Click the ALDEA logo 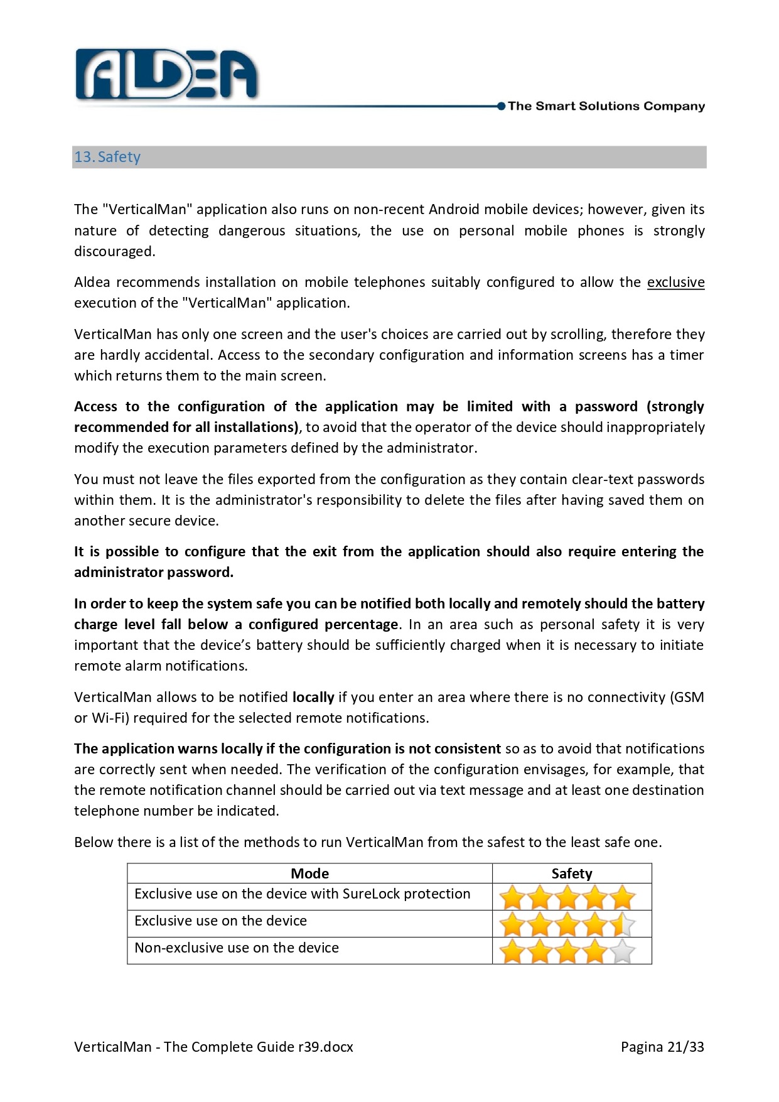[x=166, y=75]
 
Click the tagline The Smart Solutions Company [x=606, y=106]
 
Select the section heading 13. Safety [x=107, y=157]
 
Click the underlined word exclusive [x=675, y=283]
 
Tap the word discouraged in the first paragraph [x=114, y=252]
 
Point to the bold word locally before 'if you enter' [x=313, y=698]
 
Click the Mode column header [x=309, y=873]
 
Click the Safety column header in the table [x=571, y=873]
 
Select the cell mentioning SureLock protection [x=302, y=894]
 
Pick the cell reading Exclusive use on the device [x=220, y=921]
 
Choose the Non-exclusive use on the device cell [x=237, y=948]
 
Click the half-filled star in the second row [x=623, y=924]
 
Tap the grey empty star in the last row [x=623, y=951]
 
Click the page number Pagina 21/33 [x=662, y=1047]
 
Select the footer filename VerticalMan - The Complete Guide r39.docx [x=213, y=1047]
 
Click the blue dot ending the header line [x=501, y=106]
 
